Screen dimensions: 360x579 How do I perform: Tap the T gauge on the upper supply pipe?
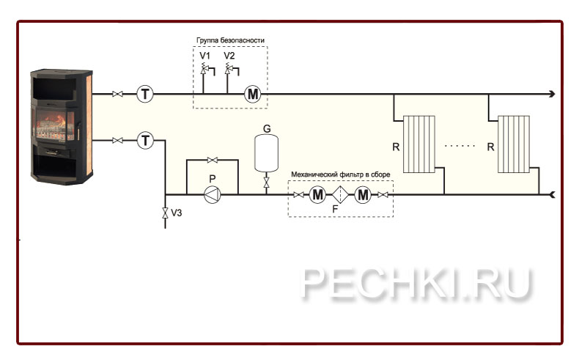pyautogui.click(x=145, y=94)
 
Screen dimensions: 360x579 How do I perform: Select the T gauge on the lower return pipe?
pyautogui.click(x=145, y=140)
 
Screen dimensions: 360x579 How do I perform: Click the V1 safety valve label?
pyautogui.click(x=204, y=56)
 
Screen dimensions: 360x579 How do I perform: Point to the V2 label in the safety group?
pyautogui.click(x=229, y=56)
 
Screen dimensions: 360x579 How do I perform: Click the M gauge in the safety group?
pyautogui.click(x=252, y=94)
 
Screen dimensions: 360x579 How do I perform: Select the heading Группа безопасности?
pyautogui.click(x=229, y=40)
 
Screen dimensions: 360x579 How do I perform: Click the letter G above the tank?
pyautogui.click(x=267, y=128)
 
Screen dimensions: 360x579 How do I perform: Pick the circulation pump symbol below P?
pyautogui.click(x=212, y=194)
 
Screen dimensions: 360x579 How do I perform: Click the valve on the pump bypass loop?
pyautogui.click(x=212, y=161)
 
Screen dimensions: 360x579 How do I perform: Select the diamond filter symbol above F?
pyautogui.click(x=341, y=194)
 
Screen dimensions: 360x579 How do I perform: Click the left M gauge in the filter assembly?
pyautogui.click(x=317, y=194)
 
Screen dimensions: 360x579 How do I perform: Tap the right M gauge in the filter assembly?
pyautogui.click(x=364, y=194)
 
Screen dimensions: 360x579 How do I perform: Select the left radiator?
pyautogui.click(x=421, y=144)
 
